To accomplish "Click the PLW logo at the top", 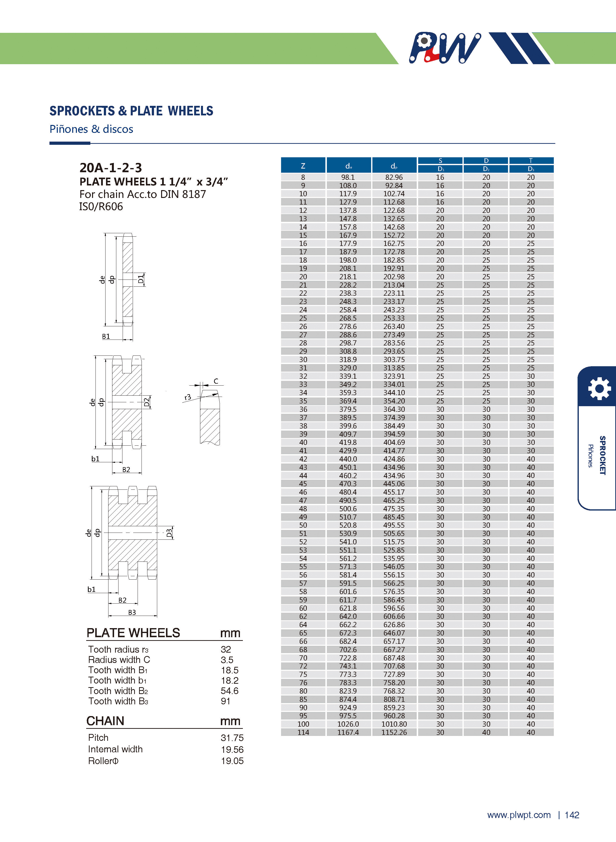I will pos(444,48).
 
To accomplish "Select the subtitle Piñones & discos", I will pos(91,129).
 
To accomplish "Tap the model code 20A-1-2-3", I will pos(111,168).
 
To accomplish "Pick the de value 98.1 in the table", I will pos(348,177).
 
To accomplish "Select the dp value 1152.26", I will pos(394,732).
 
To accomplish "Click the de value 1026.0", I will pos(348,724).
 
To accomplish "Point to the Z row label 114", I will pos(303,732).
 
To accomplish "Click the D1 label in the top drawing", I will pos(141,279).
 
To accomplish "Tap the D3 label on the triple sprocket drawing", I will pos(169,533).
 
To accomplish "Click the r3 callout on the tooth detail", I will pos(188,397).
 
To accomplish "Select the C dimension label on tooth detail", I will pos(216,381).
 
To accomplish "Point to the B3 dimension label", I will pos(132,612).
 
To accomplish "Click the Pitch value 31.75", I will pos(232,738).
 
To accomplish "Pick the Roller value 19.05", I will pos(232,761).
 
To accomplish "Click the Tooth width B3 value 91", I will pos(225,701).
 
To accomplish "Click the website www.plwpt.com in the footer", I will pos(519,815).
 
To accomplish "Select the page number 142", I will pos(572,815).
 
